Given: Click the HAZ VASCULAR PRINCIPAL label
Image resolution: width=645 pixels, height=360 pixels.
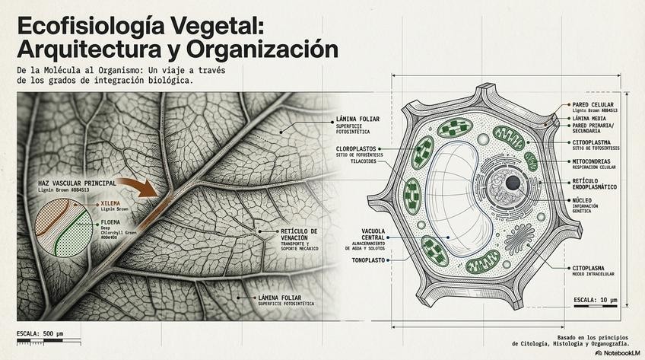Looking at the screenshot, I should coord(77,183).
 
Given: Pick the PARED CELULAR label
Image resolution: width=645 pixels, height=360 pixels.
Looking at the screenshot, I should coord(593,104).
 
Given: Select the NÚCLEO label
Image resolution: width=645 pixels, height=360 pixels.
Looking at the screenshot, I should coord(586,199).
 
